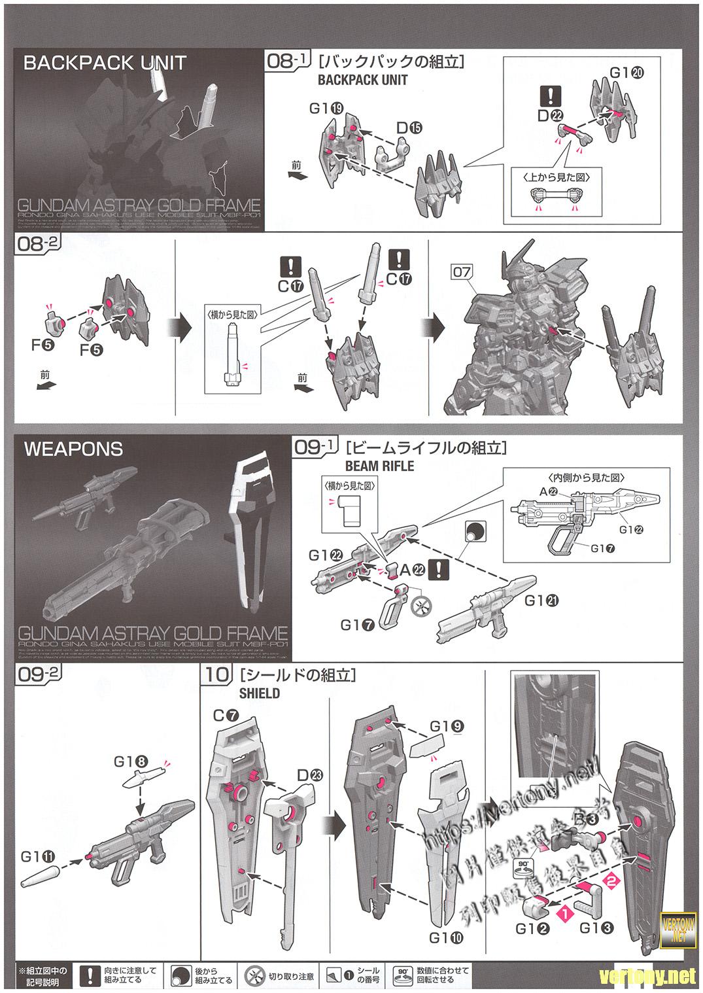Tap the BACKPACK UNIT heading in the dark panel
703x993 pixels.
coord(105,63)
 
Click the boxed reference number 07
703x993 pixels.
coord(462,271)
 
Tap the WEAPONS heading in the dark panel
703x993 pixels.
coord(73,449)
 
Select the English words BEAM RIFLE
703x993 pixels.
coord(380,466)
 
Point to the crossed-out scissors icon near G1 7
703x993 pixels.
coord(420,606)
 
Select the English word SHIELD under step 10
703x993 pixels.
coord(260,693)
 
